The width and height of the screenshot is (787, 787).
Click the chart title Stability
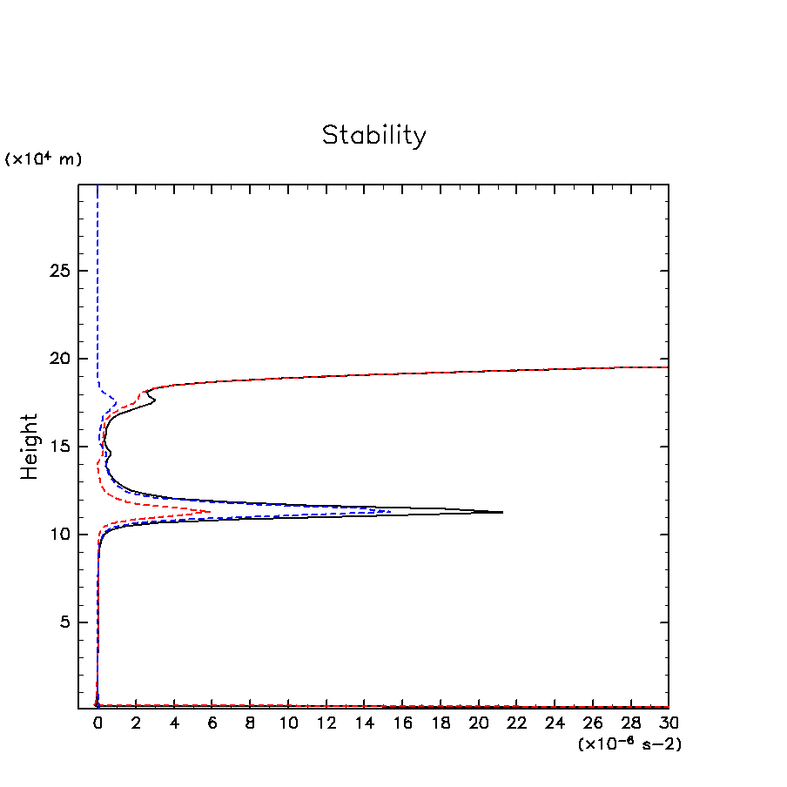point(374,136)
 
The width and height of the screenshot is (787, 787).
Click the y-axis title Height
point(30,446)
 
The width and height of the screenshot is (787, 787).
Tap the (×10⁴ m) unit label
point(44,159)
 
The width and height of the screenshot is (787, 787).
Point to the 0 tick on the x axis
point(98,723)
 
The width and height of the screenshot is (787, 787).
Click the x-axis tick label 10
point(288,723)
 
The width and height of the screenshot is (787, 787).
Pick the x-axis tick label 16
point(402,723)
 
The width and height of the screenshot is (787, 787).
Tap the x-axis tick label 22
point(517,723)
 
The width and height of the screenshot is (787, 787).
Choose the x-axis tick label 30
point(669,723)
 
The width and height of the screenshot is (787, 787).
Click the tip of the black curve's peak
point(502,512)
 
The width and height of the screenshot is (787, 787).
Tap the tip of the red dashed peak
point(210,511)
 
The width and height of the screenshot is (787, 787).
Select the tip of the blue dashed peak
point(389,511)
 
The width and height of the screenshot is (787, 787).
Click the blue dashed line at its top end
point(98,187)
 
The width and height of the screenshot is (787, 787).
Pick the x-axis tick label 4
point(174,723)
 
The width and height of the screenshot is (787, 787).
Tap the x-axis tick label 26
point(593,723)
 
